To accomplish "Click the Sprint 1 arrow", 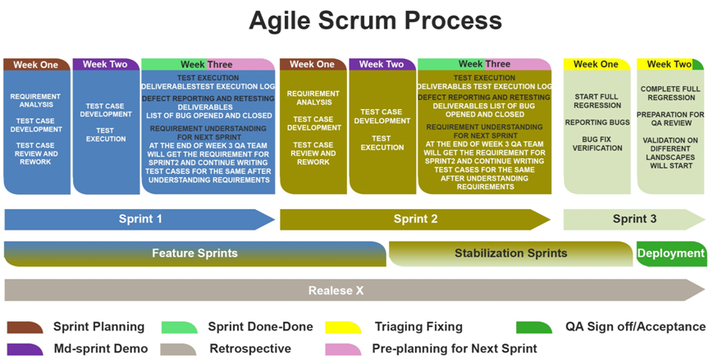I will coord(139,219).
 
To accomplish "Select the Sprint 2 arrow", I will coord(415,219).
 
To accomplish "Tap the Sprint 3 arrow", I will coord(633,219).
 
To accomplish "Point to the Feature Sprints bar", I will coord(194,253).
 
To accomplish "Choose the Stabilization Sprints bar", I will coord(510,253).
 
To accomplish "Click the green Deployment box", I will coord(670,253).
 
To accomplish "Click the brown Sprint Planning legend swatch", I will coord(25,327).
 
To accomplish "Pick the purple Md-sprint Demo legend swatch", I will coord(25,349).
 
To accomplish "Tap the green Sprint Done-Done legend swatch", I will coord(179,327).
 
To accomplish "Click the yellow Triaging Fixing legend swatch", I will coord(343,327).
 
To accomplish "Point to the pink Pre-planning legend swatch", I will coord(343,349).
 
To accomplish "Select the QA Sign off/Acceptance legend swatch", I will coord(534,327).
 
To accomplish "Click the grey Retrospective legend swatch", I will coord(179,349).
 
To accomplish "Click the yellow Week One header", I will coord(596,64).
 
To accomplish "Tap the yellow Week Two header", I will coord(669,64).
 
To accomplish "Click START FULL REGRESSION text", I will coord(597,101).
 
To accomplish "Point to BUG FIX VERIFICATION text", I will coord(597,144).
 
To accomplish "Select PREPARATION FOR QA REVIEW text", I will coord(670,119).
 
